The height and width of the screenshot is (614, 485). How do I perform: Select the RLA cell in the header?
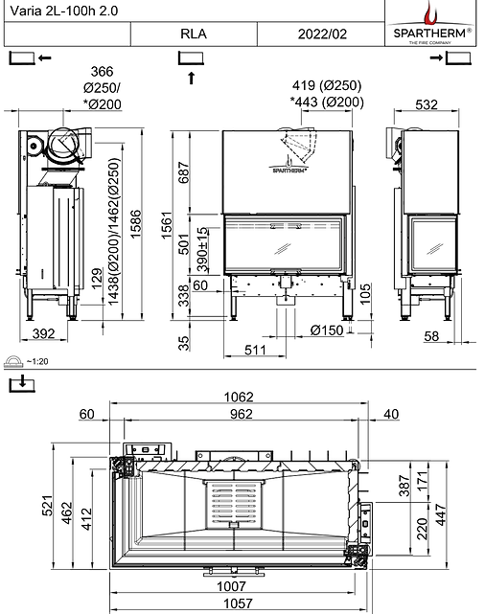pyautogui.click(x=193, y=34)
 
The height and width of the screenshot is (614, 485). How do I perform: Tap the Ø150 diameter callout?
pyautogui.click(x=329, y=330)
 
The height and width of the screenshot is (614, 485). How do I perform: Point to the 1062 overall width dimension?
pyautogui.click(x=241, y=397)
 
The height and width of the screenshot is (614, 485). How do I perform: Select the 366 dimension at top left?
pyautogui.click(x=101, y=72)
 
